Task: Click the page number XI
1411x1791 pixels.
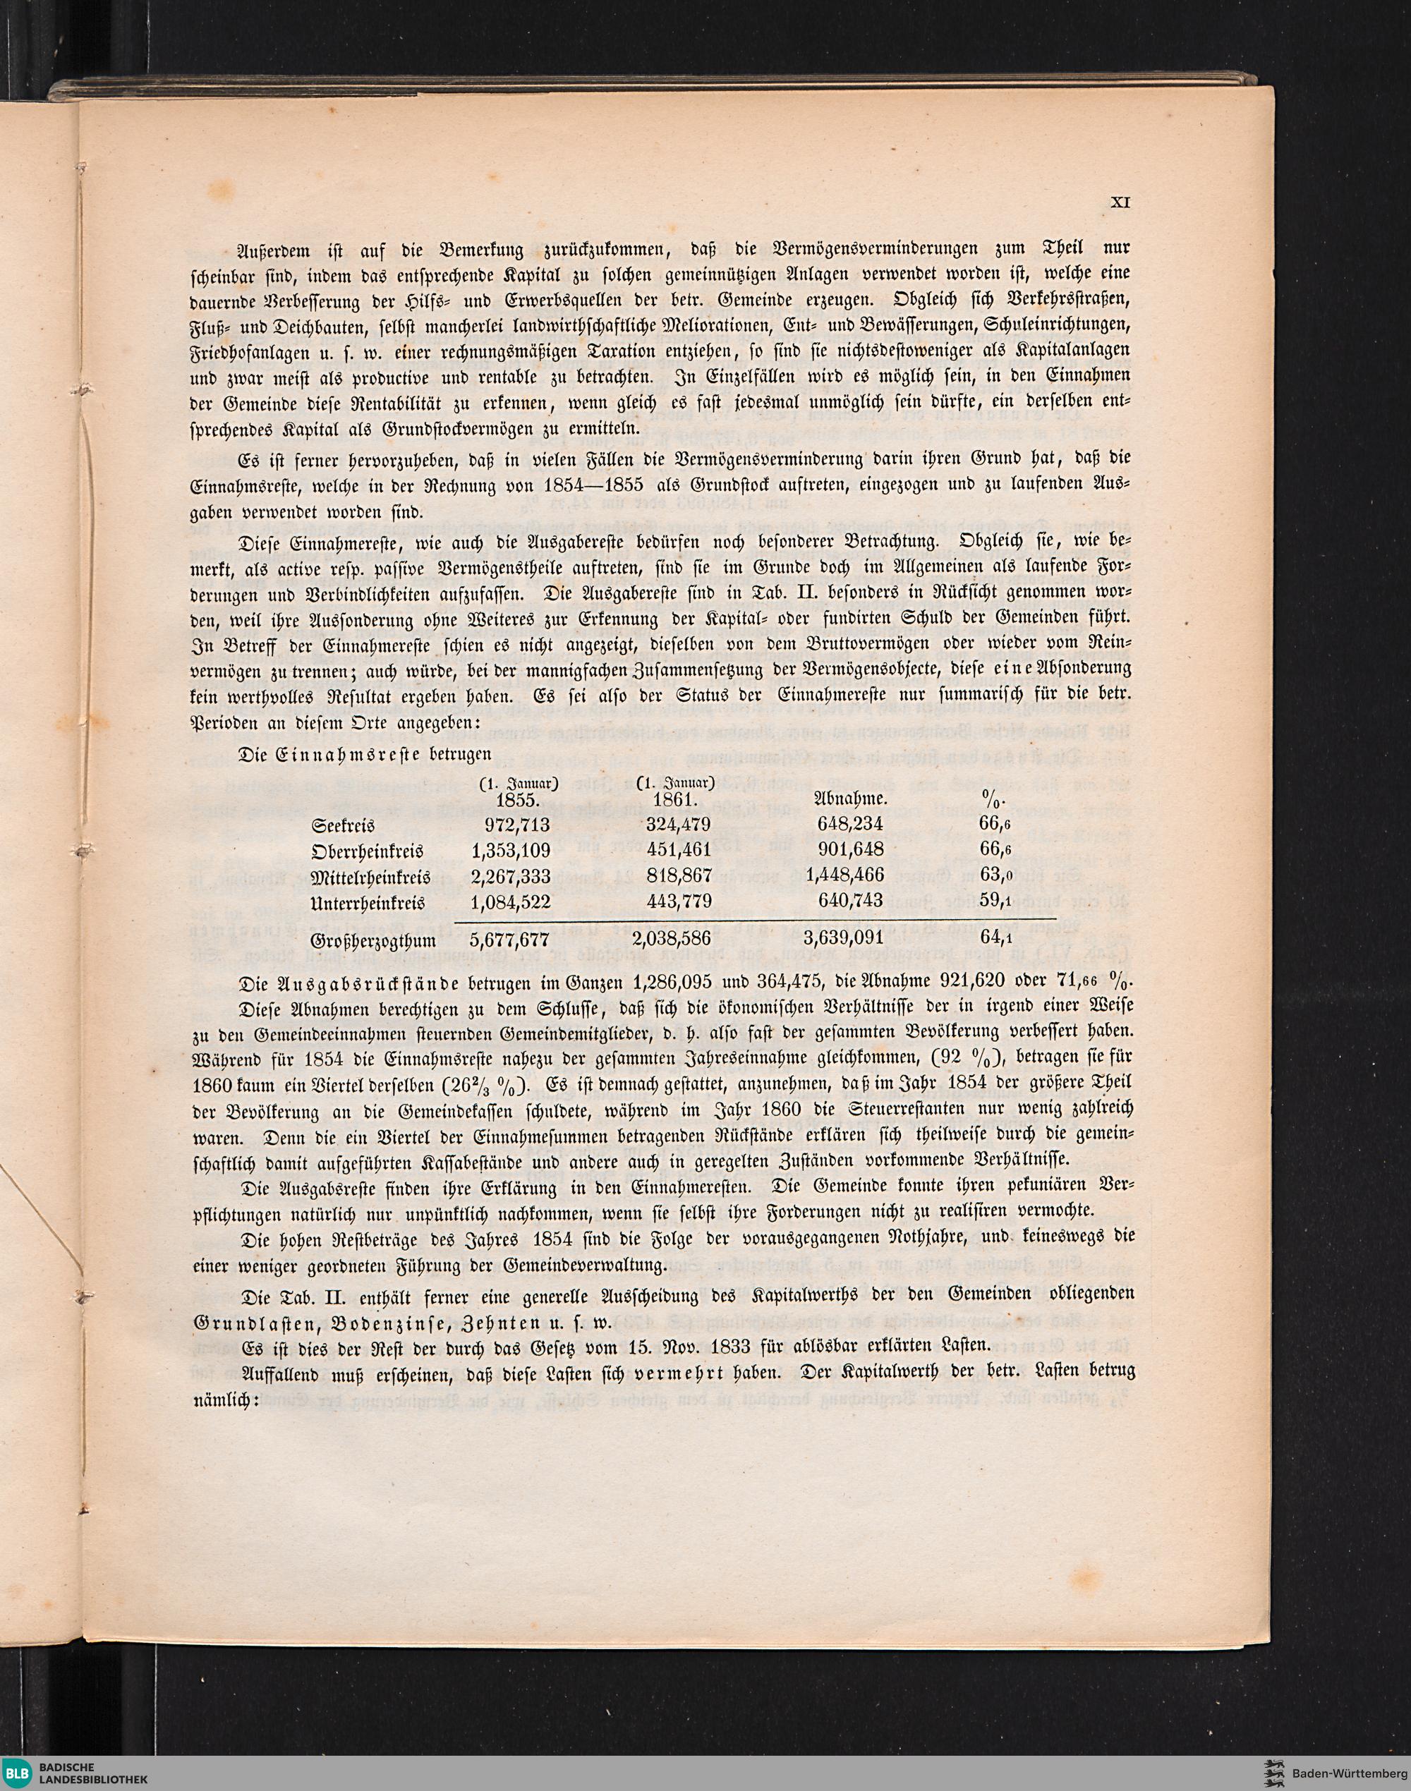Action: pyautogui.click(x=1121, y=201)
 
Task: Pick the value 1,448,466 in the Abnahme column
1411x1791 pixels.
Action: pyautogui.click(x=845, y=875)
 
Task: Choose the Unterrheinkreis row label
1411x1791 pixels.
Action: pyautogui.click(x=368, y=901)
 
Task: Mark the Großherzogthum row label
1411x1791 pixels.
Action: pyautogui.click(x=373, y=940)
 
